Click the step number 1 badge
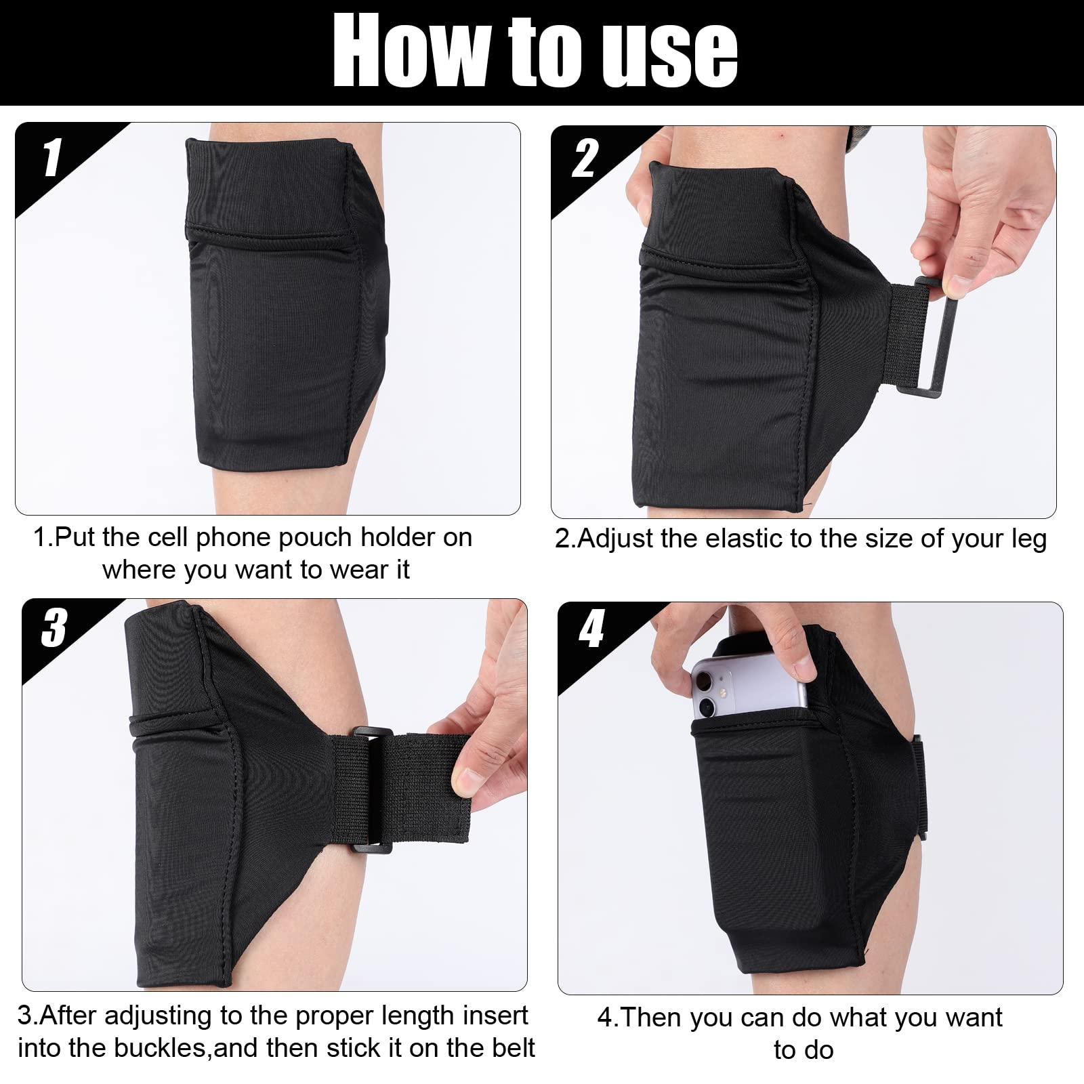pyautogui.click(x=52, y=159)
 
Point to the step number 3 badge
pyautogui.click(x=54, y=628)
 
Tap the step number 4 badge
pyautogui.click(x=591, y=630)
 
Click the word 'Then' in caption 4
pyautogui.click(x=653, y=1018)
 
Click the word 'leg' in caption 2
pyautogui.click(x=1028, y=539)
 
